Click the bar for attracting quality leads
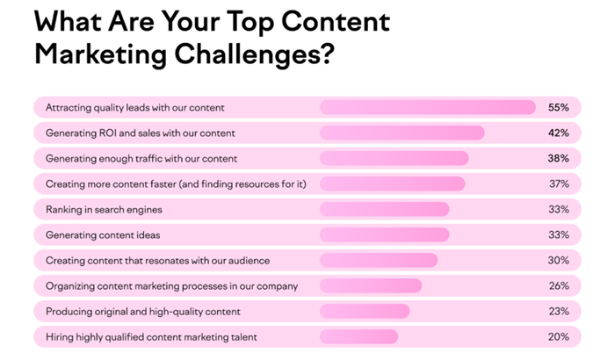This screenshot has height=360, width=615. (x=428, y=107)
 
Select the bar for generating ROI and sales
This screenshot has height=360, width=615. (x=402, y=133)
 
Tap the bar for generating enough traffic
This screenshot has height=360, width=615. (x=394, y=158)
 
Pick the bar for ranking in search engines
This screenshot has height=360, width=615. (x=385, y=209)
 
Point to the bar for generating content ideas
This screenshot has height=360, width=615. (x=385, y=235)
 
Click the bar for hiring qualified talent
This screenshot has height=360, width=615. (x=358, y=337)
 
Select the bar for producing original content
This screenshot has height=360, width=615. (x=365, y=312)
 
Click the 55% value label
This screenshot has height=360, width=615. (x=559, y=107)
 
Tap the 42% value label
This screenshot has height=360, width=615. (x=559, y=133)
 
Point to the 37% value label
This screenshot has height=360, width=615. (x=559, y=184)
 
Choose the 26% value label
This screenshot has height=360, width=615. (x=559, y=286)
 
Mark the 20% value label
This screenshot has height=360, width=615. (x=559, y=337)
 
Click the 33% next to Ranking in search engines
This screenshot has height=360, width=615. (x=559, y=209)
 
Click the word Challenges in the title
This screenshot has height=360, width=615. (x=254, y=54)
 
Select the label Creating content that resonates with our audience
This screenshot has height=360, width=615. (x=157, y=261)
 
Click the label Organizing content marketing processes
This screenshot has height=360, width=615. (x=172, y=286)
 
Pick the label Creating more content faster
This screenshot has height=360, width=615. (x=176, y=184)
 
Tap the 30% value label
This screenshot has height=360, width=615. (x=559, y=261)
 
